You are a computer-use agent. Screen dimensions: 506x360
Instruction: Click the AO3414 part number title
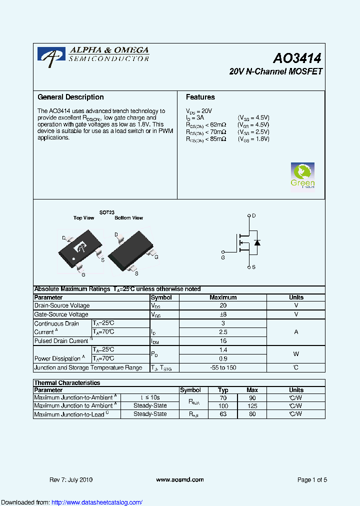coord(297,58)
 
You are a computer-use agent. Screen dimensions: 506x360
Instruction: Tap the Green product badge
coord(302,175)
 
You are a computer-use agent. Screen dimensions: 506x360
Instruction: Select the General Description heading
coord(70,97)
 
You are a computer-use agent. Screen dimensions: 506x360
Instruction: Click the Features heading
coord(200,97)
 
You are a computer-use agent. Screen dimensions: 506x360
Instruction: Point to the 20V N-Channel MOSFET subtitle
coord(275,71)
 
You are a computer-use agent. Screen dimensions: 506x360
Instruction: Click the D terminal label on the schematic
coord(254,215)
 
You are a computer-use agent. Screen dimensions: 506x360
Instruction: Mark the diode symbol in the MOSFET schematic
coord(257,242)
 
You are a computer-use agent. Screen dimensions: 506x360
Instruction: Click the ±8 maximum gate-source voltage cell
coord(223,314)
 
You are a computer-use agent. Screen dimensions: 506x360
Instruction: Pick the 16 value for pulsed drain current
coord(223,340)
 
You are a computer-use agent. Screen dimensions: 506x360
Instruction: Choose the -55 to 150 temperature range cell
coord(223,367)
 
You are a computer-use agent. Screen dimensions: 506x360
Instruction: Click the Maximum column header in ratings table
coord(223,297)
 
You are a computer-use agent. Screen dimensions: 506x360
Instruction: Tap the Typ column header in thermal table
coord(223,390)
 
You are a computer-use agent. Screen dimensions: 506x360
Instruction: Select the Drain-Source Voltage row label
coord(62,305)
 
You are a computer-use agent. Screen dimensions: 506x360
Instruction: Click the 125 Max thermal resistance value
coord(252,406)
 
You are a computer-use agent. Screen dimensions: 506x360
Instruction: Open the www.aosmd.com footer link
coord(180,479)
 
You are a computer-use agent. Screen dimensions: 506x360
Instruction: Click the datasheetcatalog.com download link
coord(97,502)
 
